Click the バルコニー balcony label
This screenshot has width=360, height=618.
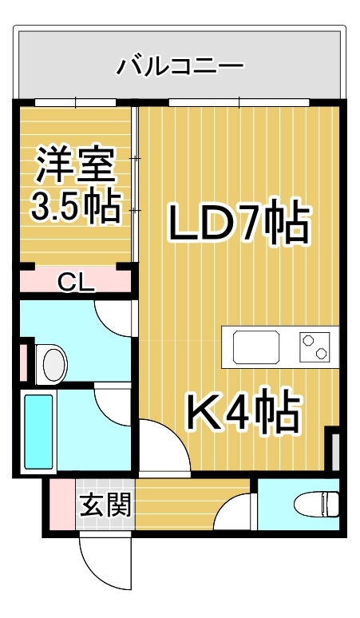pos(180,65)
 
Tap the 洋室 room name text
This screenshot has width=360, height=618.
pos(77,165)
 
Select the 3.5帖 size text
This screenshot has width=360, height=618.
pos(75,206)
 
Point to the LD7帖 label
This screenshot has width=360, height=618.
pos(239,223)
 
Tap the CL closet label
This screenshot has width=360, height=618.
pos(76,282)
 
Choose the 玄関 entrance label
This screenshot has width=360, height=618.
pos(105,505)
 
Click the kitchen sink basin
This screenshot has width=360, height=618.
pos(256,347)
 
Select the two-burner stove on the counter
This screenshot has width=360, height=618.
pos(315,347)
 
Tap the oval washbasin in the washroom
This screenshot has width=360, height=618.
pos(54,363)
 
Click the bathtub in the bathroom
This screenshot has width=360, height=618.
pos(38,432)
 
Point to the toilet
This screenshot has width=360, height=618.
pos(316,503)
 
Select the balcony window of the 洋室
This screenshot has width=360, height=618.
pos(76,102)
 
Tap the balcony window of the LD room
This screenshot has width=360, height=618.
pos(239,102)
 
